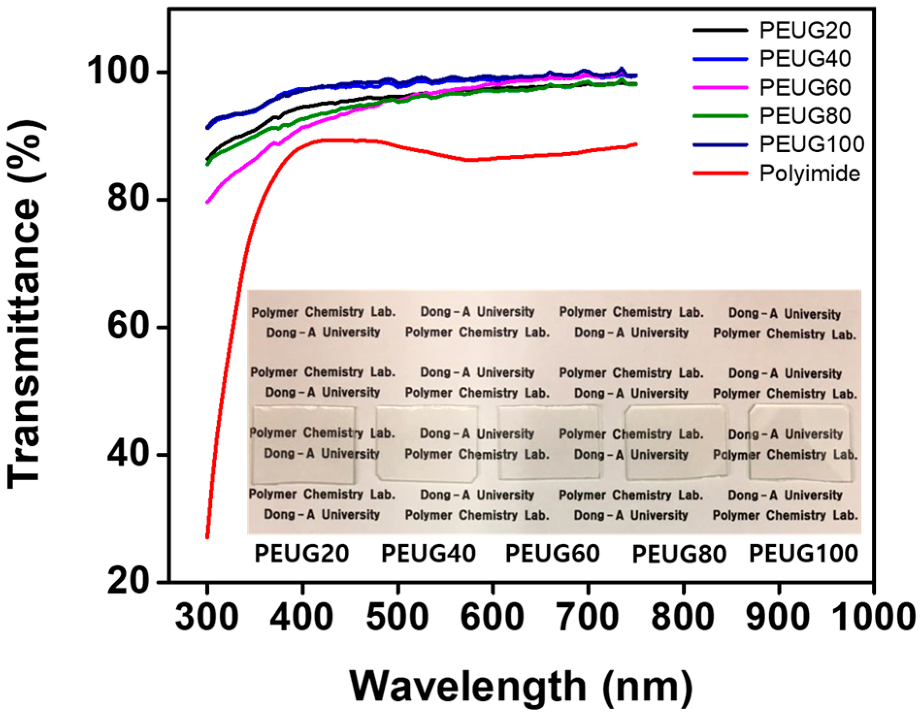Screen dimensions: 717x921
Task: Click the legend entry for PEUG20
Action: tap(804, 30)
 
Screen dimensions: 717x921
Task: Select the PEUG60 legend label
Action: tap(804, 87)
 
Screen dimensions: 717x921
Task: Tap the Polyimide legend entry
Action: tap(809, 173)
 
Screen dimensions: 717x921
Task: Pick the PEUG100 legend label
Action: tap(811, 144)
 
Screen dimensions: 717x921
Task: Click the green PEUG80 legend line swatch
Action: tap(720, 116)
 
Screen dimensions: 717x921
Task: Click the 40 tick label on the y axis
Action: tap(127, 454)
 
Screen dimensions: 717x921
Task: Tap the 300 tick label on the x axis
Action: tap(207, 617)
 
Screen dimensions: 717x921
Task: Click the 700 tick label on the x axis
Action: tap(588, 617)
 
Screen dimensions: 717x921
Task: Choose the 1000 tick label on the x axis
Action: tap(873, 617)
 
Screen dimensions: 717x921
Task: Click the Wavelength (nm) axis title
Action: tap(521, 685)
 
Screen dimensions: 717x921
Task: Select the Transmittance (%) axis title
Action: tap(25, 305)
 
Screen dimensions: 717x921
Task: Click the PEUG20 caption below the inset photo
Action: tap(302, 553)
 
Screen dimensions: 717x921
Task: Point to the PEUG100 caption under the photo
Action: tap(803, 553)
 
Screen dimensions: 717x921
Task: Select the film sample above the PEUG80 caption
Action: tap(676, 443)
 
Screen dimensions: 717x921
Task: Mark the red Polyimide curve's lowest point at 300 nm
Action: tap(207, 536)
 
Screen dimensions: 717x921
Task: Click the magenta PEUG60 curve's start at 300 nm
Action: tap(208, 202)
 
